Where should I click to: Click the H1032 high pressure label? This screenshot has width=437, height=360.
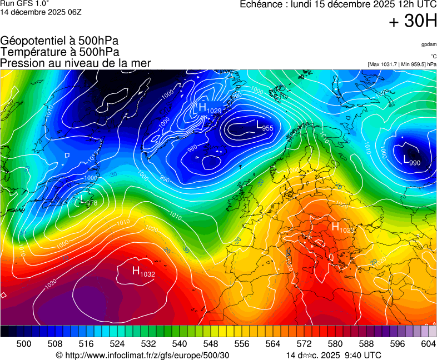(x=143, y=272)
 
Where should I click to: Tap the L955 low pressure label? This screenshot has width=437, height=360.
(x=264, y=127)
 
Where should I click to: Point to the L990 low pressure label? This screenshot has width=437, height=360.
(x=411, y=161)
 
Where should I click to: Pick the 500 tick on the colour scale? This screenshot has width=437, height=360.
(x=24, y=344)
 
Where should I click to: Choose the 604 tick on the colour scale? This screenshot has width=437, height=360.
(x=428, y=344)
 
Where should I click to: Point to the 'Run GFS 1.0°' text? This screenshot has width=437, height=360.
(x=24, y=4)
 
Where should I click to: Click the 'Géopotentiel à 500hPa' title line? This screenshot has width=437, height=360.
(x=59, y=41)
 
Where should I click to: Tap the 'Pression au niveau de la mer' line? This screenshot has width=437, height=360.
(x=75, y=63)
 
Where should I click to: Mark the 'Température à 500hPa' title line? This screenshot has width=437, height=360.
(x=59, y=52)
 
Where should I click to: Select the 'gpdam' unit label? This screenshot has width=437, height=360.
(x=428, y=44)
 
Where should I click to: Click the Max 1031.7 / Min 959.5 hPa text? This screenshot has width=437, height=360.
(x=401, y=64)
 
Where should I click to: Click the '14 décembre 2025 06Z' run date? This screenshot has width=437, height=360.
(x=41, y=12)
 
